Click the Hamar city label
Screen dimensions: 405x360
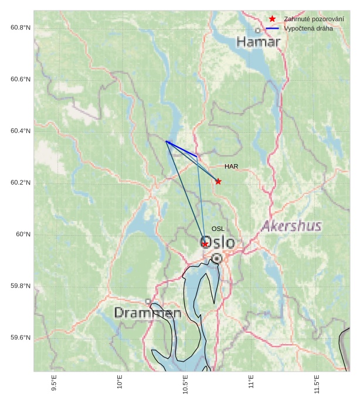point(259,42)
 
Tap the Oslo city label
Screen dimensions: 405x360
point(218,243)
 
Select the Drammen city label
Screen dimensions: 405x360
point(147,313)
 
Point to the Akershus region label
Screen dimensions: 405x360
point(291,226)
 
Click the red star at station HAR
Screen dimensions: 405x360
point(218,182)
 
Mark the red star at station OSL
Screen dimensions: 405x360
point(205,244)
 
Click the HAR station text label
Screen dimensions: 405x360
point(231,167)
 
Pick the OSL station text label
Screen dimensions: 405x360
point(218,229)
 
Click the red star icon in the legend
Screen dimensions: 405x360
point(272,19)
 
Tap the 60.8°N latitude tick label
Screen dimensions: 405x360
point(21,28)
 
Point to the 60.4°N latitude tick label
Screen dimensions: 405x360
point(21,131)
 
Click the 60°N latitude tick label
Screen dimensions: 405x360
point(23,234)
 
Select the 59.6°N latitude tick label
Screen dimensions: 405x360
point(21,338)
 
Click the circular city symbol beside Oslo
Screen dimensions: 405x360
point(217,258)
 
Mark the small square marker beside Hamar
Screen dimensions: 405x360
point(257,30)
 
